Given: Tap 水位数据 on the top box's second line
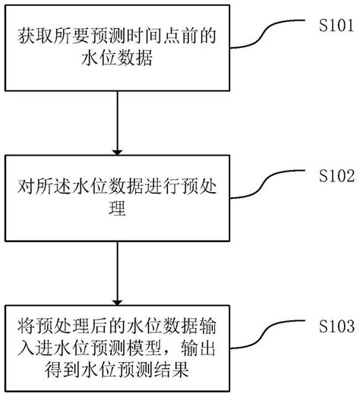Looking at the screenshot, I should (x=116, y=61).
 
